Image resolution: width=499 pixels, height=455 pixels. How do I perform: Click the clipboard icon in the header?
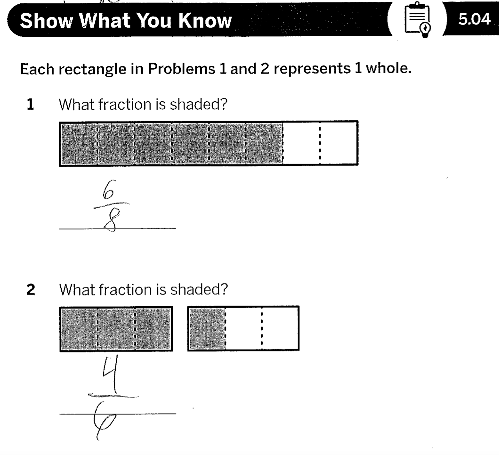417,20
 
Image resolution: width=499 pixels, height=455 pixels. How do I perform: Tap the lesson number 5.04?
474,19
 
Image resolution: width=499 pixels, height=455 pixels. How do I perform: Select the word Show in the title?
47,21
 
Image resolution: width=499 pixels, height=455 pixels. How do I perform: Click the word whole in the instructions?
388,68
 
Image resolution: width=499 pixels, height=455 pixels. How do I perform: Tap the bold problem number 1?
30,104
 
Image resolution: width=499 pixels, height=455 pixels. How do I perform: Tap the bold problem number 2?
30,290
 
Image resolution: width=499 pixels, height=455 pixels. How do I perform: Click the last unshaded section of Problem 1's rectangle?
338,143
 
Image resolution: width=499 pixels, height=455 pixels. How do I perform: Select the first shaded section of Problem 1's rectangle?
79,144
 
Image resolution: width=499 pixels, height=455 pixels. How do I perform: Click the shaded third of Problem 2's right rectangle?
207,329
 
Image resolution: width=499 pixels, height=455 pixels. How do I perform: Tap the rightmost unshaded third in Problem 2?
280,328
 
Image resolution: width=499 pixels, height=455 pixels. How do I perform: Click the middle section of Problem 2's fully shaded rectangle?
116,329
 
